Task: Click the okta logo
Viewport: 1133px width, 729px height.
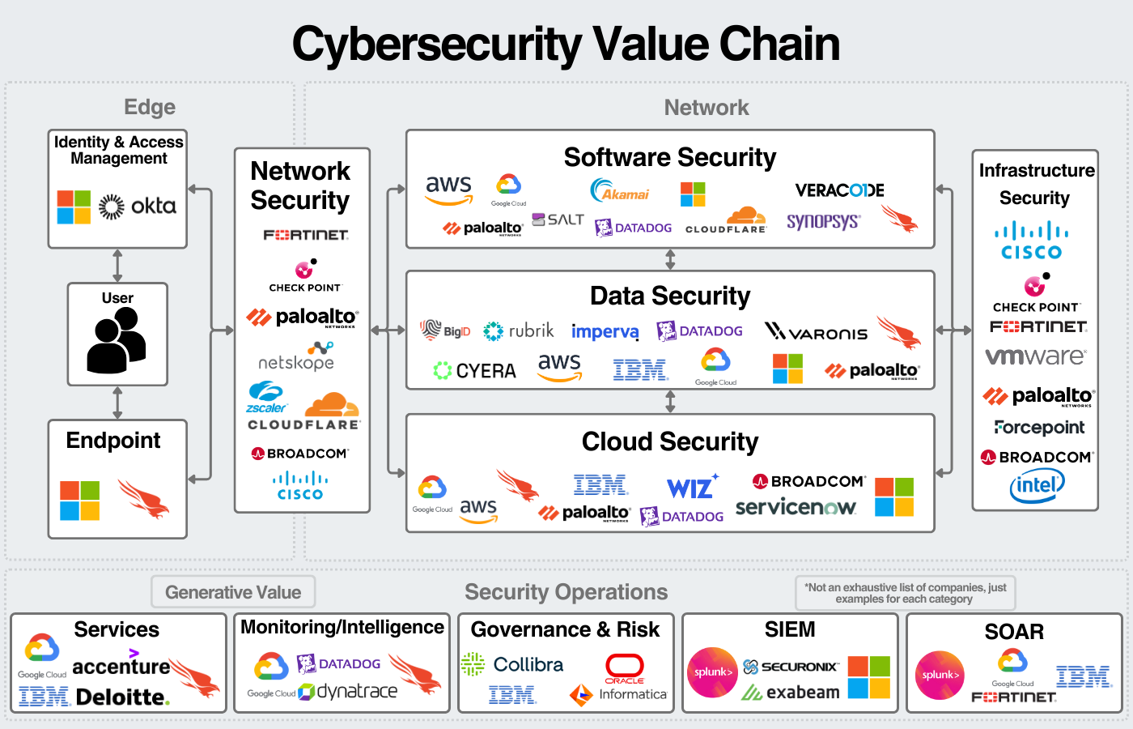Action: [x=138, y=207]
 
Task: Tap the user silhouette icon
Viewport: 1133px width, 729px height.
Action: [x=117, y=340]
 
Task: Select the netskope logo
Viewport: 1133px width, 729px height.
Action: [x=296, y=356]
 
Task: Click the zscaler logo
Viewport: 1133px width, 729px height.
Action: [x=266, y=398]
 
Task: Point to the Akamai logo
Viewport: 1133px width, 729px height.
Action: [x=620, y=191]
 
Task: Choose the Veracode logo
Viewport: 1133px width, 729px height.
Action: [x=839, y=190]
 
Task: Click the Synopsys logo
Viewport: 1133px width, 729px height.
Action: [x=823, y=221]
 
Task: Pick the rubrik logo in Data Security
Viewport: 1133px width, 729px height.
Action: [x=519, y=330]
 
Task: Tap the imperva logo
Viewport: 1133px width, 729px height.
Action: [x=605, y=332]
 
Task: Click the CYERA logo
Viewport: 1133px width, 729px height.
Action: [x=475, y=371]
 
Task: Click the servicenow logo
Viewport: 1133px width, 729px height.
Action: [x=796, y=507]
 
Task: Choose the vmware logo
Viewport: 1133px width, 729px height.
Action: [x=1035, y=356]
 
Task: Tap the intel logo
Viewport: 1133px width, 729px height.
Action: [x=1037, y=485]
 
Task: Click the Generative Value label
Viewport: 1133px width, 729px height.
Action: [x=233, y=592]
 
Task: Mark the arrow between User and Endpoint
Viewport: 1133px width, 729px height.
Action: [x=118, y=403]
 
